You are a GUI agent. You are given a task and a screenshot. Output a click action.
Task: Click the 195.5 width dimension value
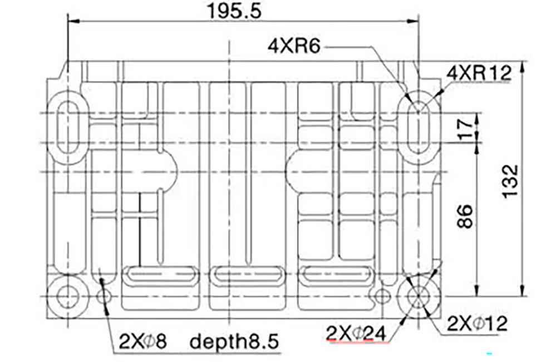234,11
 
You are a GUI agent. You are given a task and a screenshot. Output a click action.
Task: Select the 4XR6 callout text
294,46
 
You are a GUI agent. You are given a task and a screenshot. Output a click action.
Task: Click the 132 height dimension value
510,180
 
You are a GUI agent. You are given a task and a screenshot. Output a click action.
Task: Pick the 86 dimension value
465,216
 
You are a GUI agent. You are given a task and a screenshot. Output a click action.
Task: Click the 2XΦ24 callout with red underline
356,333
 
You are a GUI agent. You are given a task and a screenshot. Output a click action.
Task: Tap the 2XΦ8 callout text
142,341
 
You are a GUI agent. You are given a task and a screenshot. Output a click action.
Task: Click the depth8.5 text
234,342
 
